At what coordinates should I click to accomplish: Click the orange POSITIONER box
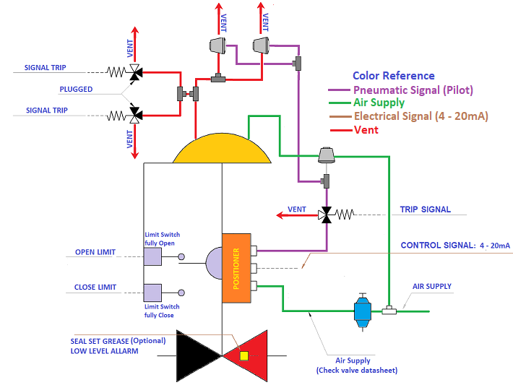[236, 261]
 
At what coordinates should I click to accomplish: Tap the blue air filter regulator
[361, 311]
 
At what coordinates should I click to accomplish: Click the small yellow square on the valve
[244, 355]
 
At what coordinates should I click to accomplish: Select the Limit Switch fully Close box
[152, 292]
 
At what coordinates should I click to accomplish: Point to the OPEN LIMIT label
[96, 253]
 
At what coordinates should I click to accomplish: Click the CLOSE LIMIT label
[95, 287]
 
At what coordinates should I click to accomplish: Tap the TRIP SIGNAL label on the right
[426, 209]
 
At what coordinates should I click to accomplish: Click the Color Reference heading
[394, 76]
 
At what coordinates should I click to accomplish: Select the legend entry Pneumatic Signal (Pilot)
[413, 90]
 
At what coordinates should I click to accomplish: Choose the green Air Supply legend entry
[379, 103]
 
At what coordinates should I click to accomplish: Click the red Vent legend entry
[366, 130]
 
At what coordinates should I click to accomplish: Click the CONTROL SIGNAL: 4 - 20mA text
[455, 246]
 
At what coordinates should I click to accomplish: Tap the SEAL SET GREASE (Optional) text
[118, 340]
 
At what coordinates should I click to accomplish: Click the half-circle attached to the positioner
[215, 262]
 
